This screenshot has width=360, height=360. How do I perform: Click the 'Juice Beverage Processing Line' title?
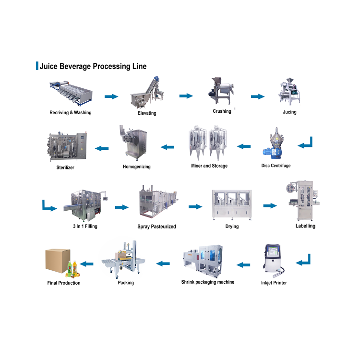click(x=93, y=66)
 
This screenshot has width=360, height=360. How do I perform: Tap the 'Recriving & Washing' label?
click(x=70, y=113)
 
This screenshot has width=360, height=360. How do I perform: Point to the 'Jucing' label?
click(x=289, y=112)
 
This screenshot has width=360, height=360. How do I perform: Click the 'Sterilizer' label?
click(x=65, y=168)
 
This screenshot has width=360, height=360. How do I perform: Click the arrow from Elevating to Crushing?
click(x=186, y=96)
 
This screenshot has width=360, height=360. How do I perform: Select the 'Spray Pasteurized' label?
click(x=156, y=226)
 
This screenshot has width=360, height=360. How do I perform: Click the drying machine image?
click(x=232, y=204)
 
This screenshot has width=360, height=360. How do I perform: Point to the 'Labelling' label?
click(x=305, y=226)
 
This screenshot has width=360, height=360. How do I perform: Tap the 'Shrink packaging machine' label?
click(x=207, y=282)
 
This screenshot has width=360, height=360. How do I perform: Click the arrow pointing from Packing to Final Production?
click(x=86, y=264)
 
